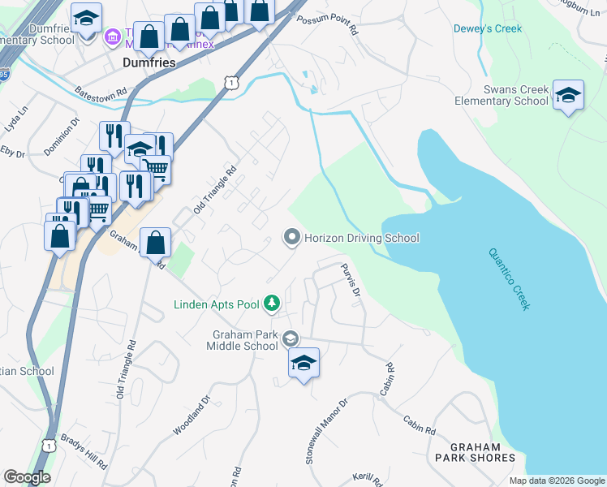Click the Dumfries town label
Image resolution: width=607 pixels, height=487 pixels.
pos(149,61)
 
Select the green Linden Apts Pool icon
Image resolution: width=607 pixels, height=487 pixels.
pos(272,304)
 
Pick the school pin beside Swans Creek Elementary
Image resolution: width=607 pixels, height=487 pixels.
pos(568,96)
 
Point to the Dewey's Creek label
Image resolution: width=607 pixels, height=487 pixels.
pos(487,28)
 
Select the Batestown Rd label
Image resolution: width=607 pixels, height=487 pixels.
pos(101,92)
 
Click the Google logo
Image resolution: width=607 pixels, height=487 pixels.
pos(27,477)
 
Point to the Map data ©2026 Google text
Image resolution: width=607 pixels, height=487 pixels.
pos(557,481)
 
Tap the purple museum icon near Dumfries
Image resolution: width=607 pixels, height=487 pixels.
pos(111,37)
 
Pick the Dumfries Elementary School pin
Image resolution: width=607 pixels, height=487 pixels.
pos(86,17)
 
